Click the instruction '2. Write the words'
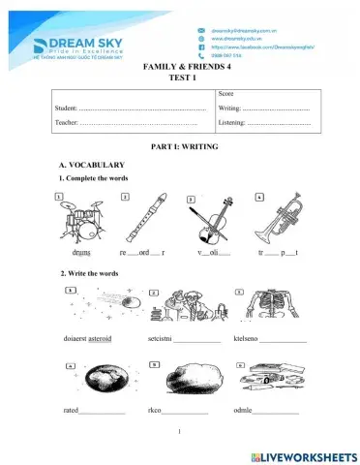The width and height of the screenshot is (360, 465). [89, 273]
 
